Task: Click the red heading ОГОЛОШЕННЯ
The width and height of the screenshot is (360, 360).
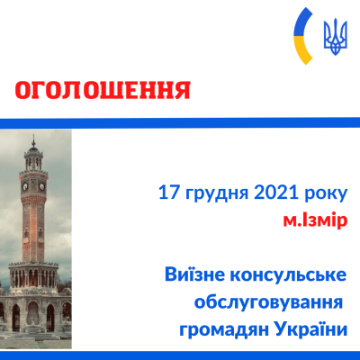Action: click(103, 90)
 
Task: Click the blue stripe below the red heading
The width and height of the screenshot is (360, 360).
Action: click(180, 122)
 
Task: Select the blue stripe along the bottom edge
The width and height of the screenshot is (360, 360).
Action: click(180, 355)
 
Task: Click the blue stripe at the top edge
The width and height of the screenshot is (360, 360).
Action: click(180, 3)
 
